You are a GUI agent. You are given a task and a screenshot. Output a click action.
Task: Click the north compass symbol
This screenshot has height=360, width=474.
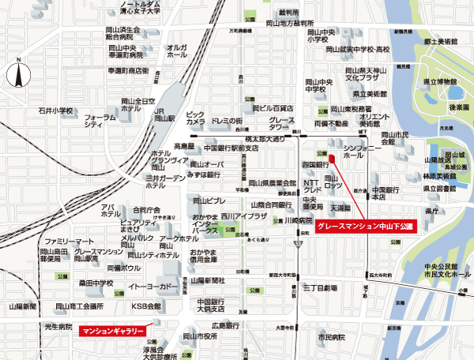tap(17, 77)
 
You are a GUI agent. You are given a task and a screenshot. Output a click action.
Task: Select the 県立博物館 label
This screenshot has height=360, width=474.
tap(440, 81)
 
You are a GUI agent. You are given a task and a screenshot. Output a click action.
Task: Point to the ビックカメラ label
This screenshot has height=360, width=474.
tap(195, 118)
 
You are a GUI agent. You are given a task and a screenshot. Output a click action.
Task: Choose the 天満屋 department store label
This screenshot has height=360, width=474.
tap(340, 208)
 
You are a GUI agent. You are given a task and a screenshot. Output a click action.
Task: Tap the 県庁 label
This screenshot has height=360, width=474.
tap(431, 212)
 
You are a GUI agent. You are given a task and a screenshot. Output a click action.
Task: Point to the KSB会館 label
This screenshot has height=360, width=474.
tap(145, 306)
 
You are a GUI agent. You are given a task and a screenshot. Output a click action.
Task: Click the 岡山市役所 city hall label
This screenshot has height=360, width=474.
tap(194, 336)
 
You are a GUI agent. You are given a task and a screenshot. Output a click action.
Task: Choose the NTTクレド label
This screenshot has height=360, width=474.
tap(312, 187)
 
